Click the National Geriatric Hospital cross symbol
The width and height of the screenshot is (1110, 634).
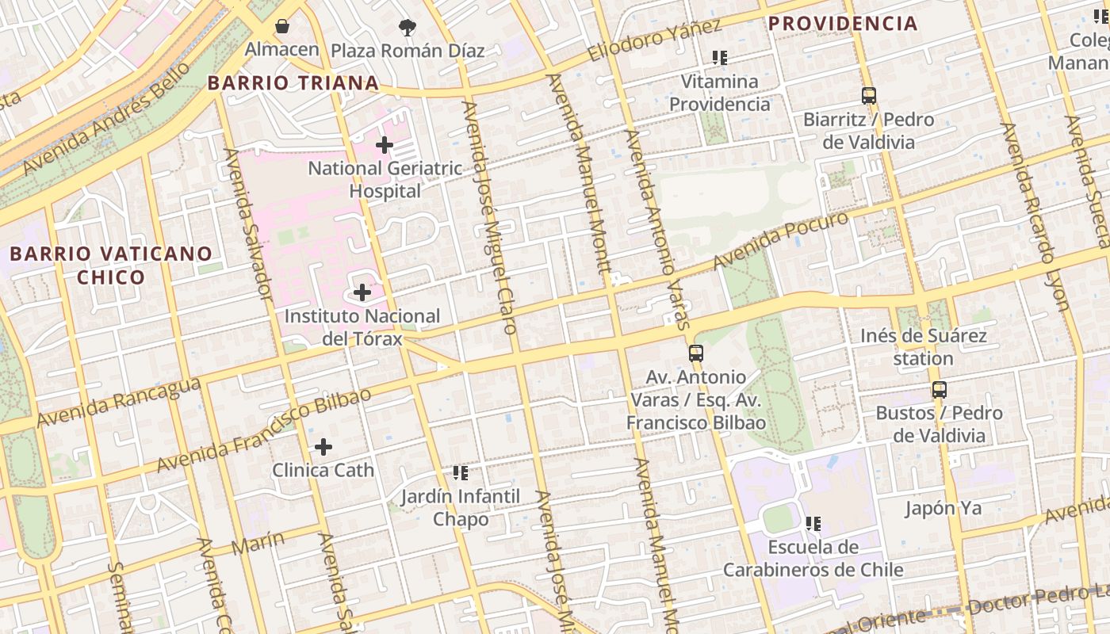[385, 145]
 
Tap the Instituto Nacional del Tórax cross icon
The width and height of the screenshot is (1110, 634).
[362, 292]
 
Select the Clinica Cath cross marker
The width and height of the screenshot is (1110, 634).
[323, 447]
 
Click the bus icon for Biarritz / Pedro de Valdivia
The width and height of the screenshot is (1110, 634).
[869, 96]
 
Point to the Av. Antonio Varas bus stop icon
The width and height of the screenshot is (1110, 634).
[696, 353]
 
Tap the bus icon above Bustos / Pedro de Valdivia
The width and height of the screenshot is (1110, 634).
[940, 390]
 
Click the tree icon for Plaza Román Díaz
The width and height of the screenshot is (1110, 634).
[408, 28]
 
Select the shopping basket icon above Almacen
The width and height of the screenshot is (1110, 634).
[282, 26]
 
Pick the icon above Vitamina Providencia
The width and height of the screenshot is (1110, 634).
[720, 58]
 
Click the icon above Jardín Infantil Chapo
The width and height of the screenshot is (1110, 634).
[461, 473]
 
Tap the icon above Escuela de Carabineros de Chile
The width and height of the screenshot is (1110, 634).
[813, 524]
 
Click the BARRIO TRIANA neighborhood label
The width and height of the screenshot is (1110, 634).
[293, 83]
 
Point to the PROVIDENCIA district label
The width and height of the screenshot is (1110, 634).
[843, 24]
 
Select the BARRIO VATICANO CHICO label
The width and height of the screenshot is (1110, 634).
[111, 265]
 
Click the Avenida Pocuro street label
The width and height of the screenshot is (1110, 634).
[780, 239]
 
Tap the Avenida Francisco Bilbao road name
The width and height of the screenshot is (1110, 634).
[263, 430]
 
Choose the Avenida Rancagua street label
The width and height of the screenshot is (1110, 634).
[118, 402]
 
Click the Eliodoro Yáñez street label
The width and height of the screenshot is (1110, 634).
[655, 40]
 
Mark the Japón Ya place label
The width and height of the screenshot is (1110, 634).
[943, 508]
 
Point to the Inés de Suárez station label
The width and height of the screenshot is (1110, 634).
[924, 347]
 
